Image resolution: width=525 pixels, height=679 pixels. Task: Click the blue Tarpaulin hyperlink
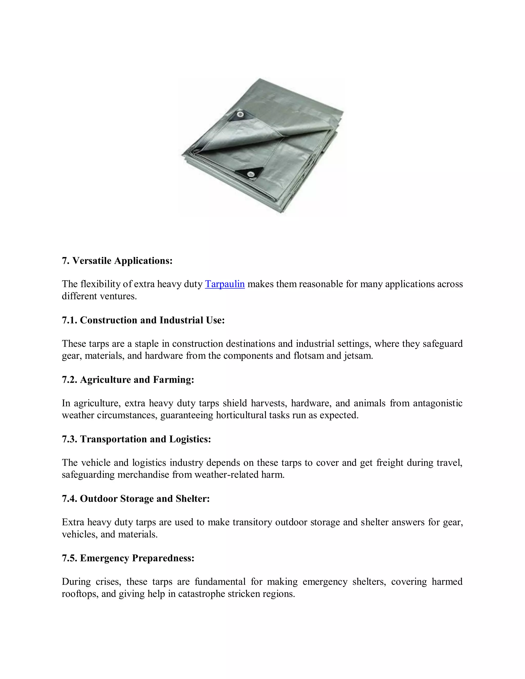click(225, 284)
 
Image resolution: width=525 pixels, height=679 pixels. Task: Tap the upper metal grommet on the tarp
click(240, 115)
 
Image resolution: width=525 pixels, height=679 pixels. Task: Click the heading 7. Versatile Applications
click(117, 261)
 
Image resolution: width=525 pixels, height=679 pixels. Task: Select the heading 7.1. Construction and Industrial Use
click(143, 320)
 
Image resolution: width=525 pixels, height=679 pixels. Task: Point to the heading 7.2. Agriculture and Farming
click(128, 380)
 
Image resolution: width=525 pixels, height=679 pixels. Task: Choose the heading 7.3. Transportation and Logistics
click(136, 439)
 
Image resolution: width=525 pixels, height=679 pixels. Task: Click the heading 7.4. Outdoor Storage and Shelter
click(136, 498)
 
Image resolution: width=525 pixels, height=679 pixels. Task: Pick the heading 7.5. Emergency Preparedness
click(128, 558)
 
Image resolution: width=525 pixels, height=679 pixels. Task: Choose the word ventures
click(118, 296)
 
